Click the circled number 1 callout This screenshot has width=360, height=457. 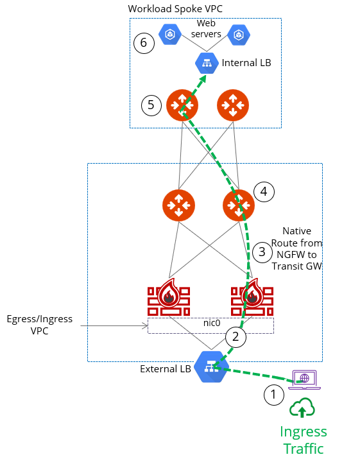(273, 394)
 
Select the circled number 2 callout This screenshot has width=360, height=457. (236, 336)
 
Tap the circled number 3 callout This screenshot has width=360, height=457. (261, 252)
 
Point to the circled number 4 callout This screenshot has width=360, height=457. (264, 191)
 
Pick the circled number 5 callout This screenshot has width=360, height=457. (151, 105)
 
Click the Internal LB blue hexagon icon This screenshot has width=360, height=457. (206, 63)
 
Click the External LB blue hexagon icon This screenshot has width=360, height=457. (209, 366)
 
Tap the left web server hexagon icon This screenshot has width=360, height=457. (170, 33)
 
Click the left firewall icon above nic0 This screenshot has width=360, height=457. (168, 297)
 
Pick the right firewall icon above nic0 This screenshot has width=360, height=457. (251, 297)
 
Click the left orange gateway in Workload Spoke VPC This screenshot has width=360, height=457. (182, 105)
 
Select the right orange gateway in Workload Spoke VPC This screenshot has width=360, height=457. (232, 105)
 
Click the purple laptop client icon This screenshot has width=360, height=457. (305, 379)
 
